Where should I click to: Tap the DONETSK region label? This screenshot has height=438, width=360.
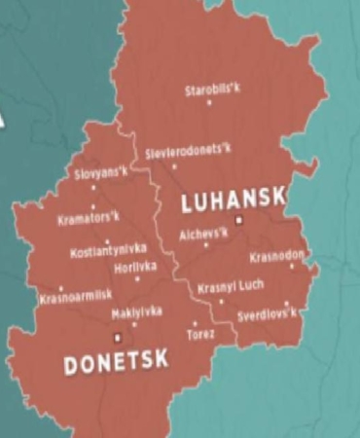click(116, 362)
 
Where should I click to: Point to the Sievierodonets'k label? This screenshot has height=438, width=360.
click(189, 153)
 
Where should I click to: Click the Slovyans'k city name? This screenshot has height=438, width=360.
click(101, 173)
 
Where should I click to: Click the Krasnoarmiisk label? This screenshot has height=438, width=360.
click(76, 296)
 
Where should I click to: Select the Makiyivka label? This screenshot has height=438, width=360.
click(136, 311)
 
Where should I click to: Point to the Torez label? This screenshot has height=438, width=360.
click(200, 334)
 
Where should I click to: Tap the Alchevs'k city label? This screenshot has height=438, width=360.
click(204, 234)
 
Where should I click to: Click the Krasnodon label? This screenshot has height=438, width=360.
click(277, 256)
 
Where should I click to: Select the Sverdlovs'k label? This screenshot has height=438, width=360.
click(268, 314)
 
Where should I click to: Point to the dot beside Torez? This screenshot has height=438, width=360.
click(195, 323)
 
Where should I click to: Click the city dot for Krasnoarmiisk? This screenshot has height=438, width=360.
click(61, 288)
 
